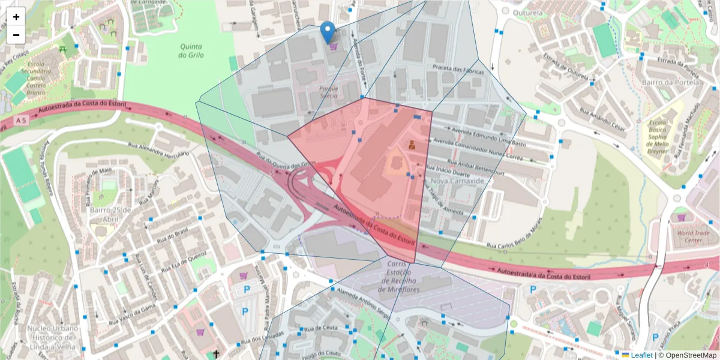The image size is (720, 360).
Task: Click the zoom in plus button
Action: pos(16,17)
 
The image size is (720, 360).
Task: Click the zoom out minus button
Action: pos(16,35)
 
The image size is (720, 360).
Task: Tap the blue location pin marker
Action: pos(328,32)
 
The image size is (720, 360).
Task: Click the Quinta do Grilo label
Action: pos(191,50)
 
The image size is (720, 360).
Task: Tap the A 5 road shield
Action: pos(22,121)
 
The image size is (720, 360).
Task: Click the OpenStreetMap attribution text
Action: pos(686,355)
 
